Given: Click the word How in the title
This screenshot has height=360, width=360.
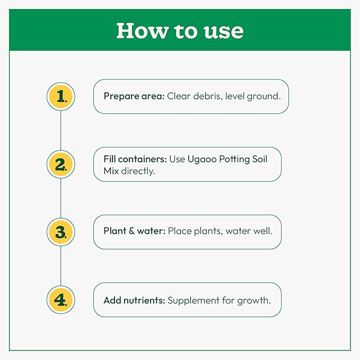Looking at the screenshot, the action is (x=143, y=31).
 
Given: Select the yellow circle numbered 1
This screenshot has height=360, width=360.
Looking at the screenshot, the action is (x=61, y=96).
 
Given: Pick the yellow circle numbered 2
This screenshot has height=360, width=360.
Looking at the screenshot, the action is (x=61, y=164).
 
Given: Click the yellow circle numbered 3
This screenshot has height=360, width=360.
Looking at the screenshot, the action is (x=61, y=232).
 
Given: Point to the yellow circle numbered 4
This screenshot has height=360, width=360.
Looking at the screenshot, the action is (x=61, y=300).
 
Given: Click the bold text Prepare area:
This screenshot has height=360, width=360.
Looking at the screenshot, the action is (x=134, y=96).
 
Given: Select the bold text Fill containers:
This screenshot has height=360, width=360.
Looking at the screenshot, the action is (x=135, y=159).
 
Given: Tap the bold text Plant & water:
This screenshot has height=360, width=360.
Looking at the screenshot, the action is (x=134, y=231).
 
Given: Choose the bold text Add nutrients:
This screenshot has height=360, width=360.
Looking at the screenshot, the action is (x=134, y=300).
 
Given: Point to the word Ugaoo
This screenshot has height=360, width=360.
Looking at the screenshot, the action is (x=203, y=160).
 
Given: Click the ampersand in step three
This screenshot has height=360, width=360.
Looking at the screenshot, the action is (x=132, y=231).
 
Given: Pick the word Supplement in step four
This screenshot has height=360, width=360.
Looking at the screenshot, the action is (x=194, y=300).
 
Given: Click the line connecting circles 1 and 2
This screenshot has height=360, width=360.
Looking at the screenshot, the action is (x=61, y=130).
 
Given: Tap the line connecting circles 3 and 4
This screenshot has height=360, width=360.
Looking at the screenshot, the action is (x=61, y=266).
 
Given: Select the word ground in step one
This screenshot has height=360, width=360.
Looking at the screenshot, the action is (x=264, y=96).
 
